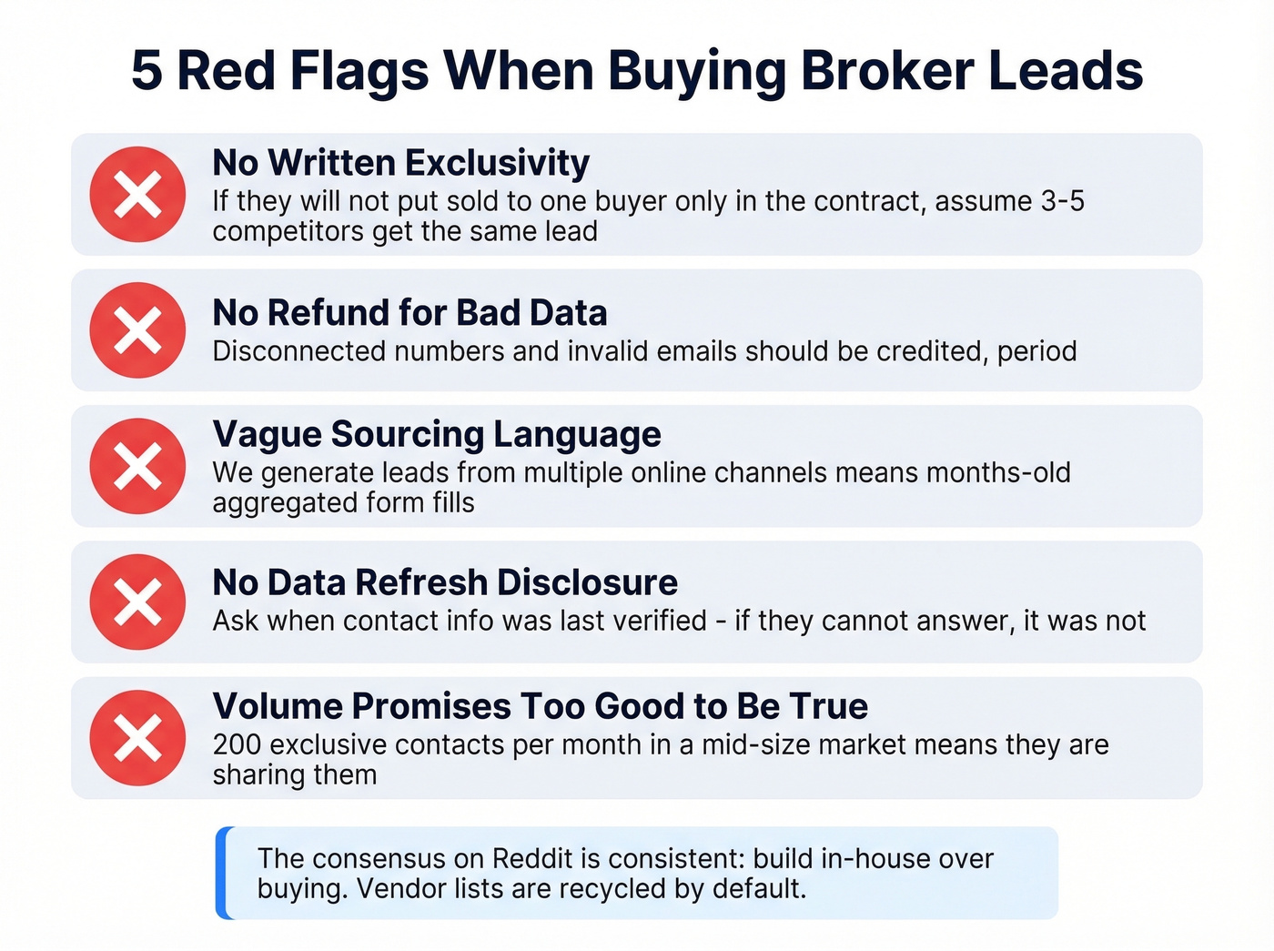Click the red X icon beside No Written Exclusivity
click(x=137, y=194)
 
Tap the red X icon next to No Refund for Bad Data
click(x=137, y=329)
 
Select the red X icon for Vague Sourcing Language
click(x=137, y=466)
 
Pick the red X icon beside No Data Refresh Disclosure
click(x=137, y=602)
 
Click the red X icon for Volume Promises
click(x=137, y=738)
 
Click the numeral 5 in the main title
click(x=147, y=71)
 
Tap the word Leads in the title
click(x=1066, y=71)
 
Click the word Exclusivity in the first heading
click(x=497, y=163)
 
